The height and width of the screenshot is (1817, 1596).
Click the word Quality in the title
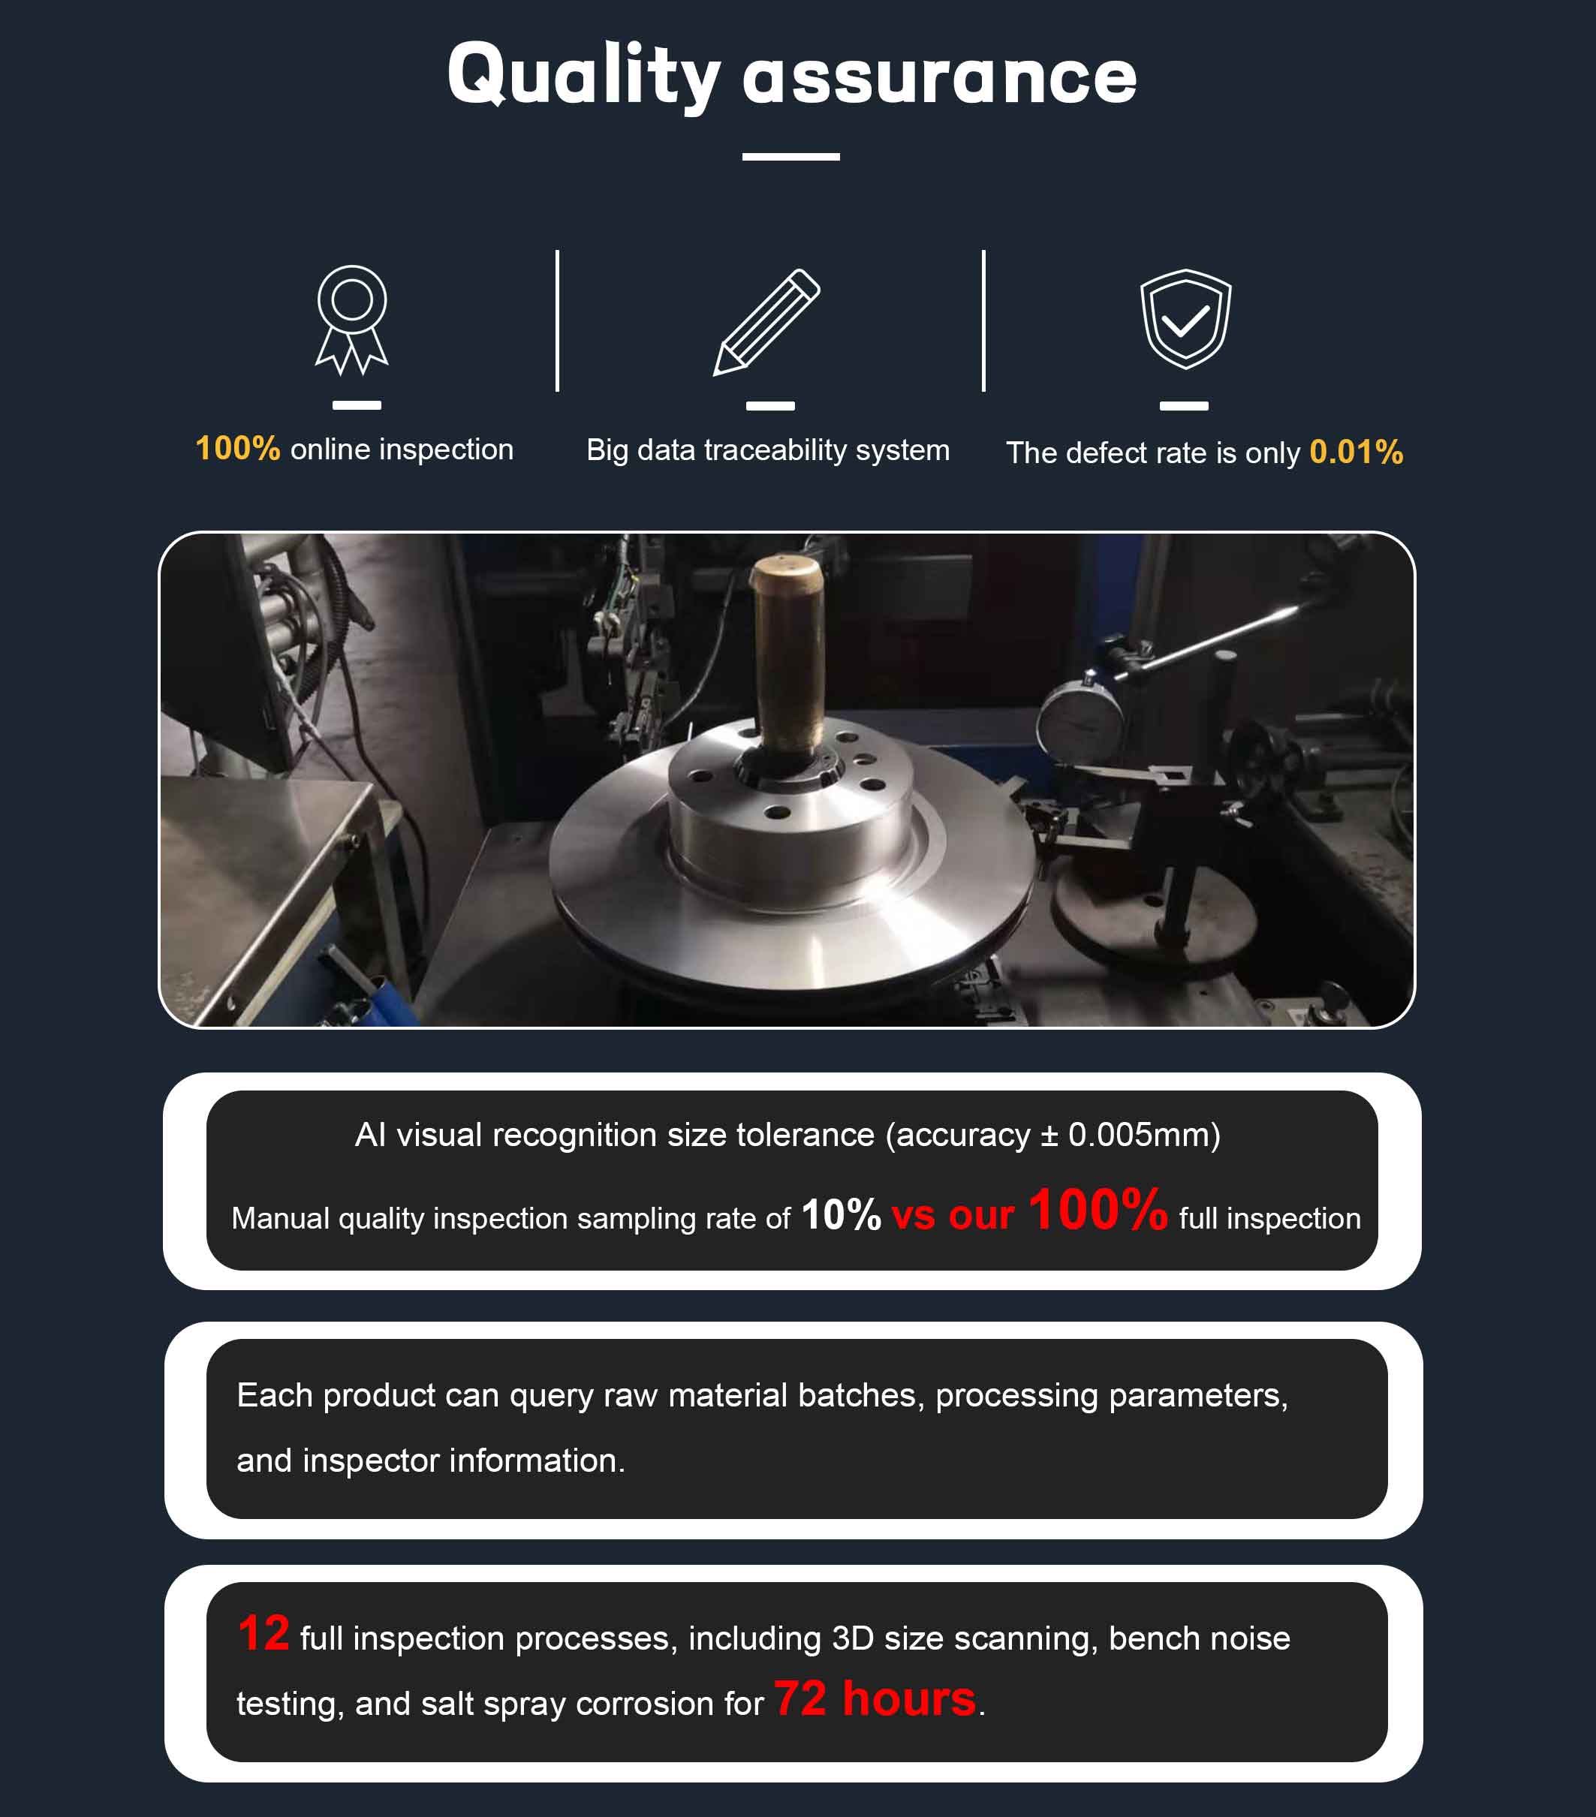(583, 77)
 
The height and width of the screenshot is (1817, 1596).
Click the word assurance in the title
(940, 78)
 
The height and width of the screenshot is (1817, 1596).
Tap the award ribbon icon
(352, 319)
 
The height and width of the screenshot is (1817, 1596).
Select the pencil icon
(766, 321)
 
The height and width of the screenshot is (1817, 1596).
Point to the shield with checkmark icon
(1186, 319)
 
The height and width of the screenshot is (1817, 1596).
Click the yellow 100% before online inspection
(237, 448)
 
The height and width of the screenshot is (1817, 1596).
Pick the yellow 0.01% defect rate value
(1356, 453)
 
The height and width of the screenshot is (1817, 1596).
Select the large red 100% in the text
(1098, 1210)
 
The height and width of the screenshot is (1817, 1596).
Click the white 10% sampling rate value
(841, 1215)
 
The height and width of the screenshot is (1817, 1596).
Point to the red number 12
(264, 1634)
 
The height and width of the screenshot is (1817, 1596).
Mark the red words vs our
(952, 1215)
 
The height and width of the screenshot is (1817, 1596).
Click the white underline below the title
(791, 156)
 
